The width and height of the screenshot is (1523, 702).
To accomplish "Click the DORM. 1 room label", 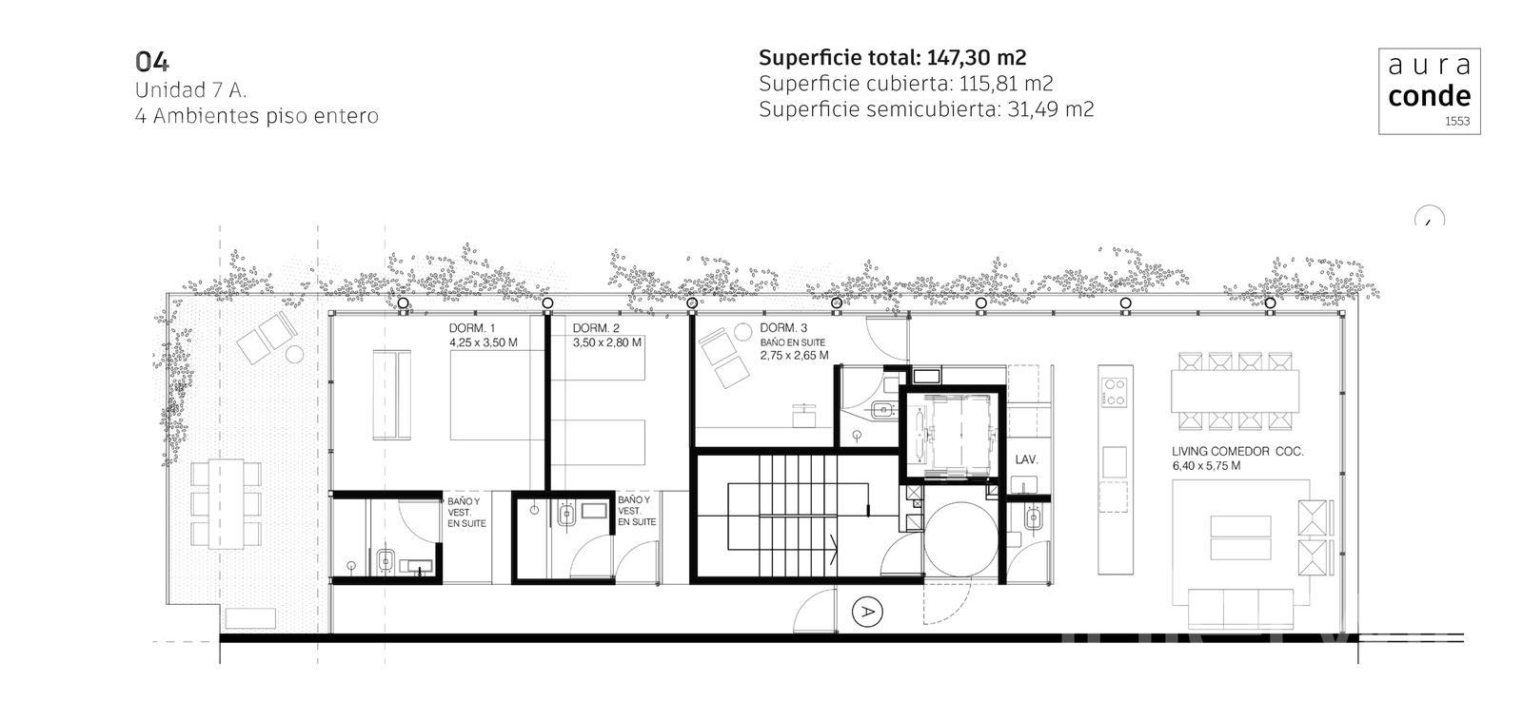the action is [x=472, y=328].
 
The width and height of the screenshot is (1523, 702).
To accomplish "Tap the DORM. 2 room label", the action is [x=596, y=328].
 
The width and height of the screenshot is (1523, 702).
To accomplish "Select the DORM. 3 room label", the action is [x=783, y=328].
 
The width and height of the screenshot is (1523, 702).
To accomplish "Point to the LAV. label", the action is [x=1026, y=460].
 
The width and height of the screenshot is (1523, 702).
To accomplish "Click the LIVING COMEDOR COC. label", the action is [x=1237, y=451].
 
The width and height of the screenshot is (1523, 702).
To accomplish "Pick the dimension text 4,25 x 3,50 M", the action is [x=484, y=342].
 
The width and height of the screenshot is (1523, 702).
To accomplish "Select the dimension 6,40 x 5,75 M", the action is [x=1206, y=466].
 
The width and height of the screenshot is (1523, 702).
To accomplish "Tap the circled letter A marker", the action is [x=867, y=612].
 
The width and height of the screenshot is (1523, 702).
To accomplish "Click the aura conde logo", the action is [x=1429, y=91].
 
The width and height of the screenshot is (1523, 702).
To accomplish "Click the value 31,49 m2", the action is [x=1051, y=109].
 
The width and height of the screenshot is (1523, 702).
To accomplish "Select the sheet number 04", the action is [x=152, y=63].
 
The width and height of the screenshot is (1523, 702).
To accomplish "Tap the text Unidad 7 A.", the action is [x=190, y=90].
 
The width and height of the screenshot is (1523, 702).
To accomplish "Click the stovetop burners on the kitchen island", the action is [x=1115, y=392].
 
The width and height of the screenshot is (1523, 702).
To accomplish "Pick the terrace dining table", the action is [x=226, y=503].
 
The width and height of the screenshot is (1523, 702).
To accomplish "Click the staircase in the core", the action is [x=799, y=517].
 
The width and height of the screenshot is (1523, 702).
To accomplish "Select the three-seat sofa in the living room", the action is [x=1241, y=608].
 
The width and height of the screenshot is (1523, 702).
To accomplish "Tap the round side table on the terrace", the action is [x=294, y=354].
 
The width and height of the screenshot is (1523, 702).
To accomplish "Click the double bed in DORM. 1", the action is [x=497, y=395].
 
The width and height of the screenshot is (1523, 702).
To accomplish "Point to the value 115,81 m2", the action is [x=1005, y=84].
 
